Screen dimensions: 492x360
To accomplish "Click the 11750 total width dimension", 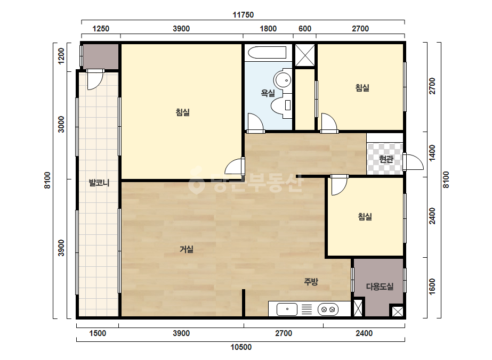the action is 243,15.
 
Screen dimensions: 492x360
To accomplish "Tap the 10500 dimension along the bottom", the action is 241,347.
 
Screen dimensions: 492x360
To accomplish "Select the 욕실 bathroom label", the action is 268,93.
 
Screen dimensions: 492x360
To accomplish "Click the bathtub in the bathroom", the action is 267,53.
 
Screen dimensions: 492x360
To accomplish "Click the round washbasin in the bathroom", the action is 283,80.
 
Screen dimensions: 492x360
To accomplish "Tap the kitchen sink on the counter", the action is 287,309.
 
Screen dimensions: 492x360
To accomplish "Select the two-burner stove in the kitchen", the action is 328,309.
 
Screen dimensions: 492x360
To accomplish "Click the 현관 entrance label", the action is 386,159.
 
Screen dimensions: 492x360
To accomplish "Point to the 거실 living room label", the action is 187,249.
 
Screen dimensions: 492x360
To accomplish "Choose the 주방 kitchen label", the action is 311,281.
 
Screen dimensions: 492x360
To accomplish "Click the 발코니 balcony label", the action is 99,183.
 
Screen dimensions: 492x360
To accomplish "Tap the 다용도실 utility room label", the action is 380,287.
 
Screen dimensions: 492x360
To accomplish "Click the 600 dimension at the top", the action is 305,29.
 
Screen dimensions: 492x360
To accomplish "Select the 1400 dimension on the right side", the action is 432,153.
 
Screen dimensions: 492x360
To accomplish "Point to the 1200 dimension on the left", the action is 61,56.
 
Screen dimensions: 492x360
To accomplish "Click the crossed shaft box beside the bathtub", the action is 305,55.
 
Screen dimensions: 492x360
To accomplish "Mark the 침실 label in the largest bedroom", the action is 183,112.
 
